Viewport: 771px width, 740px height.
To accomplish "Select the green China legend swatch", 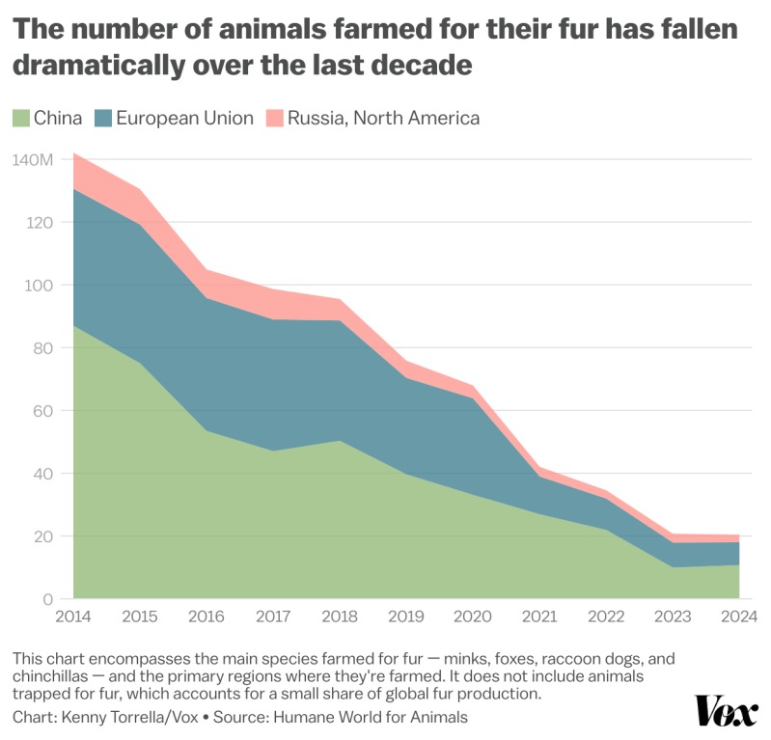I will (21, 119).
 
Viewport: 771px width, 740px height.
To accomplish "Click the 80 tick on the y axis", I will (42, 348).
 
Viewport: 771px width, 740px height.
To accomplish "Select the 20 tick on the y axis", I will (42, 536).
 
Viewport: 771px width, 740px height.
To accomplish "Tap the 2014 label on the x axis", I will (73, 617).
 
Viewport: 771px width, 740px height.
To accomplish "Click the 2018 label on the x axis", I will (340, 617).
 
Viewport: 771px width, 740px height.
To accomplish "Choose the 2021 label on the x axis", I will (540, 617).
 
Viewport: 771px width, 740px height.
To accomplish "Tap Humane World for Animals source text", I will (371, 717).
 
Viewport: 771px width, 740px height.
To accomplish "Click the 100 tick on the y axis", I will (39, 286).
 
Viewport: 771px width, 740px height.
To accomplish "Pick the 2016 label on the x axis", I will (207, 617).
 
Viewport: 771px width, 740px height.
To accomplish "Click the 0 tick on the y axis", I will (47, 599).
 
